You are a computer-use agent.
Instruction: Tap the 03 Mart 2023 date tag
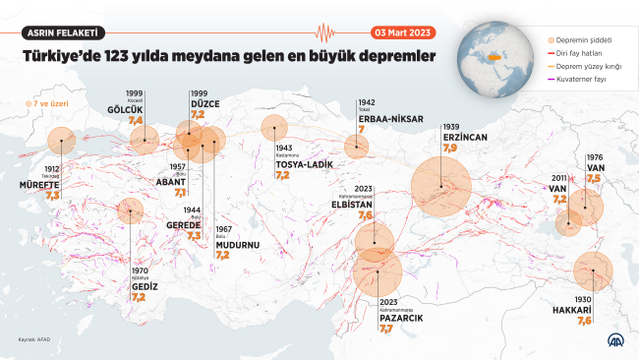tap(403, 31)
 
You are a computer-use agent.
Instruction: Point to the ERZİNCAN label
tap(465, 138)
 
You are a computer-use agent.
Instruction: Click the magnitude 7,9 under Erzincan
tap(449, 148)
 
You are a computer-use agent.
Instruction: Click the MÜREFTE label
tap(39, 184)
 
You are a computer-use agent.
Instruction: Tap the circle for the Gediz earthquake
tap(130, 210)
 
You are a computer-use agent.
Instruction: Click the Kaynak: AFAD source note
tap(32, 340)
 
